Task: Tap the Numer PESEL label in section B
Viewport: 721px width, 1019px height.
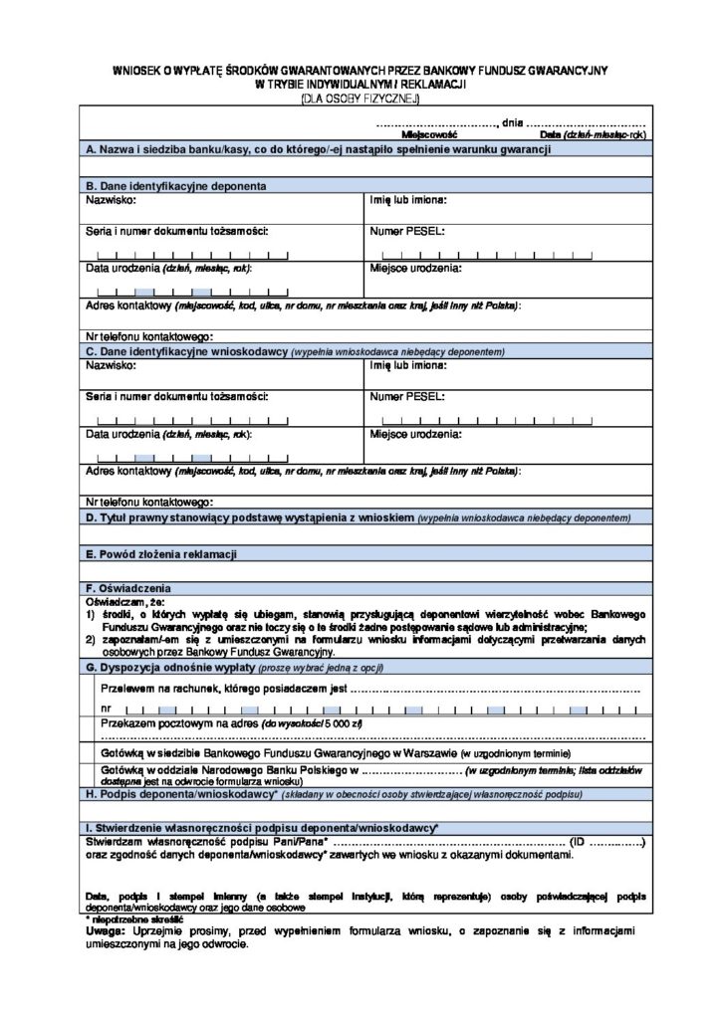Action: (x=406, y=231)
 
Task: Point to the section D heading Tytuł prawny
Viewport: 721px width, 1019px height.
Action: (x=249, y=518)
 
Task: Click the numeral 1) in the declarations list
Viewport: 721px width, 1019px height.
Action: (x=90, y=615)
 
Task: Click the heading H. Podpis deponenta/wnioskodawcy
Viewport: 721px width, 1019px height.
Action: (x=181, y=796)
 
